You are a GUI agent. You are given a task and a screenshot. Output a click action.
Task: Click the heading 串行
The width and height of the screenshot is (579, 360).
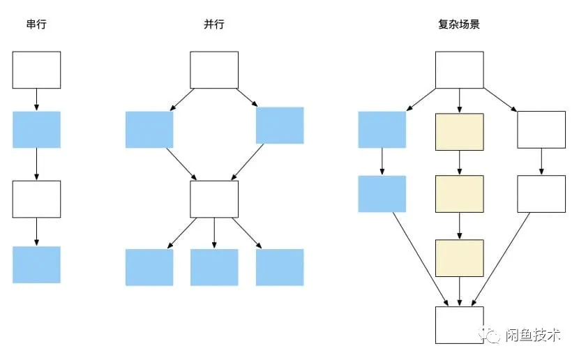37,24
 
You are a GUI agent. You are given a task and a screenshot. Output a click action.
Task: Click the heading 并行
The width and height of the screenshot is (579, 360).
213,24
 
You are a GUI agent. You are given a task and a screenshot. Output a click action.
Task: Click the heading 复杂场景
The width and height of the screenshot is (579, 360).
459,24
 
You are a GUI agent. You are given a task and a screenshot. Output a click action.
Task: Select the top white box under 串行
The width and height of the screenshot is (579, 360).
37,70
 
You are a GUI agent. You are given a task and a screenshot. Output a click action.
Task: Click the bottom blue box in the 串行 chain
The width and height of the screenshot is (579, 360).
37,264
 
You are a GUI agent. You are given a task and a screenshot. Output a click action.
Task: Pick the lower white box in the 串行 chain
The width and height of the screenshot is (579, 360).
37,199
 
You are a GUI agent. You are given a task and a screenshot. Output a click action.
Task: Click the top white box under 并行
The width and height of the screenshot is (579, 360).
214,70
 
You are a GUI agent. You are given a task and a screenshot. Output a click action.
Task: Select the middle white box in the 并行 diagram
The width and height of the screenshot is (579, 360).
214,199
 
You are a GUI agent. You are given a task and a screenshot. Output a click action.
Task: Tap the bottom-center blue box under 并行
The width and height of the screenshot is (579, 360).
214,267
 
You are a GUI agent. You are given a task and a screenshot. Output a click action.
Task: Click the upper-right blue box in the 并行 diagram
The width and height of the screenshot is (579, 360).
280,125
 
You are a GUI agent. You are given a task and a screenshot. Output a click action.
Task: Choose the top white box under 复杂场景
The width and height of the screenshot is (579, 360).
459,70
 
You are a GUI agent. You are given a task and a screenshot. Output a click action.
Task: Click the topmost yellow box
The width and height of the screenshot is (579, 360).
459,132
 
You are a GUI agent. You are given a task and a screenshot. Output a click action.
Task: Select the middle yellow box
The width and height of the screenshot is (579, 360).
459,193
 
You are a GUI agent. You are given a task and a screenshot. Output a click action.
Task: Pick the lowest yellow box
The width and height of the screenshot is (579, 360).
459,257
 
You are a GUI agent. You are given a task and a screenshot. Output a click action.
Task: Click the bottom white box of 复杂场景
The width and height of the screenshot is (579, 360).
459,324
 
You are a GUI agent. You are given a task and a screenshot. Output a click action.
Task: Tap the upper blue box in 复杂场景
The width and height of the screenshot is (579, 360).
382,130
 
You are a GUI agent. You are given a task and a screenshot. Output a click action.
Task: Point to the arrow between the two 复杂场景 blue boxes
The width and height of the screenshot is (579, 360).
382,162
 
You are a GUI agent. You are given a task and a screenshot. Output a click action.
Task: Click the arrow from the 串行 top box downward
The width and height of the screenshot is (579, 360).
37,100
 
